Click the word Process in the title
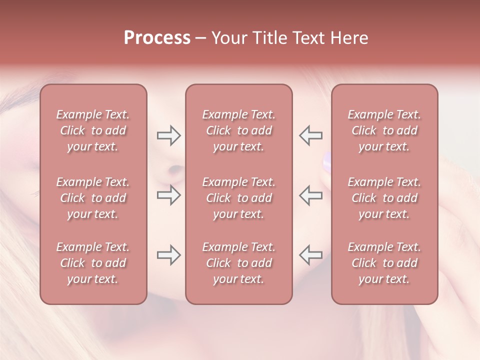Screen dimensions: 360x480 pyautogui.click(x=157, y=38)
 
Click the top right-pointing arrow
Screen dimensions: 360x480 pyautogui.click(x=169, y=135)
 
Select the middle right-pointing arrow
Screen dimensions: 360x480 pyautogui.click(x=169, y=195)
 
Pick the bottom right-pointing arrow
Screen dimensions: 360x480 pyautogui.click(x=169, y=255)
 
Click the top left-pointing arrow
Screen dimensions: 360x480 pyautogui.click(x=310, y=135)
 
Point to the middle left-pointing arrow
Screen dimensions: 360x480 pyautogui.click(x=310, y=195)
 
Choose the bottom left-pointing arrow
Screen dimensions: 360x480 pyautogui.click(x=310, y=255)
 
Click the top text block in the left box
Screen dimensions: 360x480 pyautogui.click(x=93, y=130)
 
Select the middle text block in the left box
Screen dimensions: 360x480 pyautogui.click(x=93, y=198)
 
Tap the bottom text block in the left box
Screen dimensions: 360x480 pyautogui.click(x=93, y=263)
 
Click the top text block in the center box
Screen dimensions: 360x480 pyautogui.click(x=238, y=130)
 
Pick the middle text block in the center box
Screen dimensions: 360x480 pyautogui.click(x=238, y=198)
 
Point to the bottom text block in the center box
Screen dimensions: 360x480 pyautogui.click(x=238, y=263)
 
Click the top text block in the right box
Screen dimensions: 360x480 pyautogui.click(x=384, y=130)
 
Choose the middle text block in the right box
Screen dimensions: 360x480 pyautogui.click(x=384, y=198)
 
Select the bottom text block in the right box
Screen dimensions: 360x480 pyautogui.click(x=384, y=263)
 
